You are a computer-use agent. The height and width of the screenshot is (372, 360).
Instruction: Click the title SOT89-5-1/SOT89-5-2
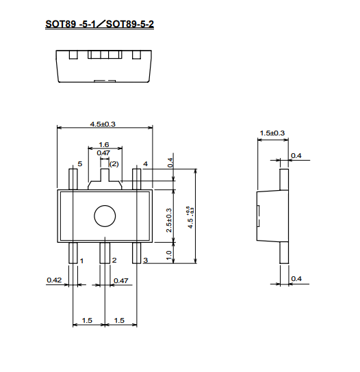pyautogui.click(x=99, y=24)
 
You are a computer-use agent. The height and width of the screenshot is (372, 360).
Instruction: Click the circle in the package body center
pyautogui.click(x=105, y=205)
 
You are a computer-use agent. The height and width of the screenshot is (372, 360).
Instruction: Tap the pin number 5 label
pyautogui.click(x=80, y=163)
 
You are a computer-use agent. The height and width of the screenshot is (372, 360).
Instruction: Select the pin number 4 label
pyautogui.click(x=145, y=163)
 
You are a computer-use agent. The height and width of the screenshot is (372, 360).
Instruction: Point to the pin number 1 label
pyautogui.click(x=81, y=261)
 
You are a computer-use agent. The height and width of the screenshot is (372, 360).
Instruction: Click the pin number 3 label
pyautogui.click(x=146, y=261)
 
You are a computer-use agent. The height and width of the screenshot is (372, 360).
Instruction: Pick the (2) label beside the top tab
pyautogui.click(x=114, y=164)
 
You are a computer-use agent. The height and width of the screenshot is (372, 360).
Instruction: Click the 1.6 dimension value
pyautogui.click(x=104, y=144)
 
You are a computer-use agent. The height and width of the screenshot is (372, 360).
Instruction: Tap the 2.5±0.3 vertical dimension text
pyautogui.click(x=169, y=220)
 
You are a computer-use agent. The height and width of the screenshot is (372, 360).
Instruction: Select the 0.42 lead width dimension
pyautogui.click(x=54, y=280)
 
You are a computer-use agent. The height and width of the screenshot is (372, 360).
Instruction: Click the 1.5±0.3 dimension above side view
pyautogui.click(x=272, y=133)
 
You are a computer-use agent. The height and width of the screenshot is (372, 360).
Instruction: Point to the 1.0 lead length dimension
pyautogui.click(x=169, y=255)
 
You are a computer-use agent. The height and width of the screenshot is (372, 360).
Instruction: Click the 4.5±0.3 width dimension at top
pyautogui.click(x=103, y=124)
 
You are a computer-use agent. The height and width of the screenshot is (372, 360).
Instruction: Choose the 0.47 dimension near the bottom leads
pyautogui.click(x=121, y=280)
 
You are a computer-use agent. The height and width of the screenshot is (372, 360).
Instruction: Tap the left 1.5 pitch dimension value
pyautogui.click(x=87, y=321)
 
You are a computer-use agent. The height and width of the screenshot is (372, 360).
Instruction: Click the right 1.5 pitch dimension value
pyautogui.click(x=119, y=321)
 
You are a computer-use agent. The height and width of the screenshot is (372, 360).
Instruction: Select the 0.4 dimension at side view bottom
pyautogui.click(x=296, y=278)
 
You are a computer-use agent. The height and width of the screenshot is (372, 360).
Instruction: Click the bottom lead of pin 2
pyautogui.click(x=105, y=253)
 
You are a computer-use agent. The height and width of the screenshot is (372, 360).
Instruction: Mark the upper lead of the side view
pyautogui.click(x=284, y=180)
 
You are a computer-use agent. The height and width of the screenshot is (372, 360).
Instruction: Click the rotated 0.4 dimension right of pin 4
pyautogui.click(x=170, y=163)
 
